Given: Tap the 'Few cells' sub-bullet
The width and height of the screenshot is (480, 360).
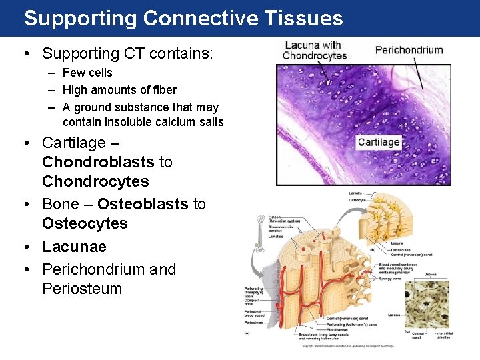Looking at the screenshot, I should coord(87,73).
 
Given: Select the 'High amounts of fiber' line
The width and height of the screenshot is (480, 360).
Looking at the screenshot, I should coord(119,90).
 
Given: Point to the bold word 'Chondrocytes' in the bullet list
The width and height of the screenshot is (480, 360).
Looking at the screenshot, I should coord(95,181).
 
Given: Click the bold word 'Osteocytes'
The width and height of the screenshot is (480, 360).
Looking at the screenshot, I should coord(85,223).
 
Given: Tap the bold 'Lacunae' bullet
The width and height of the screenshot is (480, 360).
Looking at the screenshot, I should coord(74,247).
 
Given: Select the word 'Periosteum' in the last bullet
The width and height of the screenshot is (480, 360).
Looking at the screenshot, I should coord(82,289).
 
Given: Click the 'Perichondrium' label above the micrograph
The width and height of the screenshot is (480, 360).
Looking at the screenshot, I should coord(409,50).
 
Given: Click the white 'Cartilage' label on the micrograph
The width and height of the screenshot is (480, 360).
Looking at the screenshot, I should coord(378,142).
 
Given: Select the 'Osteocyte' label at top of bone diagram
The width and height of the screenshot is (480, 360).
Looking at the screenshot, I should coord(357,200).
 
